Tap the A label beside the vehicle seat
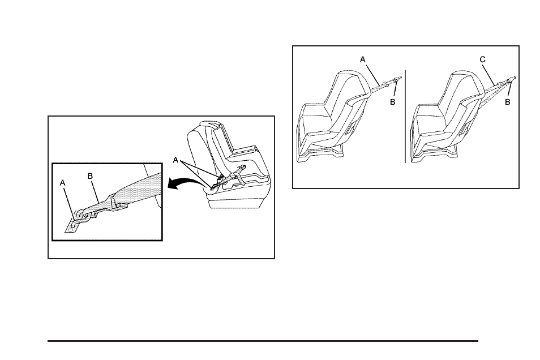click(177, 160)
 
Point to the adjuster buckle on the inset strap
click(119, 201)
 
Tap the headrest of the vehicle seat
click(210, 123)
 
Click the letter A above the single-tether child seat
click(362, 58)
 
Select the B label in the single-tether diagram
click(393, 102)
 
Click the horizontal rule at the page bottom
click(263, 341)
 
